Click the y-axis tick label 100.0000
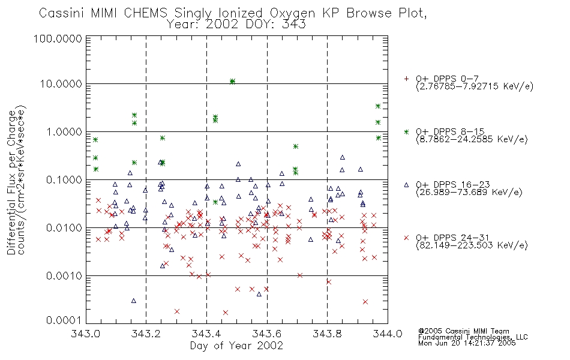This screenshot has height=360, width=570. pos(58,38)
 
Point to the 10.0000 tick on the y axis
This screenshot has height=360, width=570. pos(61,84)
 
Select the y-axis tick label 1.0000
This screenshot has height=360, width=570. pos(64,131)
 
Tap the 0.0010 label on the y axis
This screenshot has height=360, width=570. pos(64,276)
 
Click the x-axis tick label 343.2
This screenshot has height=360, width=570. pos(146,334)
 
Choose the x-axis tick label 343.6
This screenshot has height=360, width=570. pos(267,334)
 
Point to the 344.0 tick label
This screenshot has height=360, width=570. pos(388,334)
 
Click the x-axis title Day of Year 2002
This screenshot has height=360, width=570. pos(236,346)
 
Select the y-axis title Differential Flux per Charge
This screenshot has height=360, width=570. pos(12,183)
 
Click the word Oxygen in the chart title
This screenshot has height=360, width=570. pos(292,13)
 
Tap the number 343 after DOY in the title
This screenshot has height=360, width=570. pos(294,25)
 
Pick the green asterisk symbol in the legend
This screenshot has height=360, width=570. pos(406,131)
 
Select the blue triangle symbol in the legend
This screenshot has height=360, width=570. pos(406,185)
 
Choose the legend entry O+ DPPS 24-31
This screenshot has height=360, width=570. pos(452,238)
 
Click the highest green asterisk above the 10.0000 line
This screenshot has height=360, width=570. pos(232,81)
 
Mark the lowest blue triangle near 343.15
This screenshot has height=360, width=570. pos(133,301)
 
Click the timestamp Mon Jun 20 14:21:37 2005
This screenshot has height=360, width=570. pos(467,343)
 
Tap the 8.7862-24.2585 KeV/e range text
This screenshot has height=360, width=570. pos(472,139)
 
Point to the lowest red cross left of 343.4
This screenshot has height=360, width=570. pos(177,311)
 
